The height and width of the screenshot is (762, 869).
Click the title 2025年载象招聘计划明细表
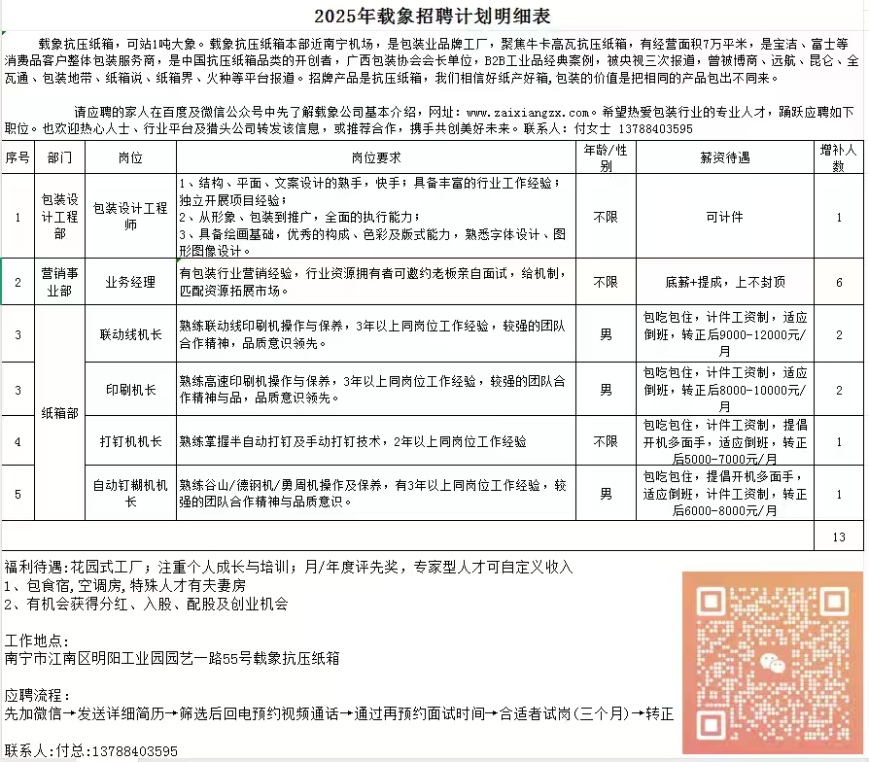coord(433,17)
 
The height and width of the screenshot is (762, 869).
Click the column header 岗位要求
coord(377,156)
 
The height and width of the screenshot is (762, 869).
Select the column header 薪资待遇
coord(724,156)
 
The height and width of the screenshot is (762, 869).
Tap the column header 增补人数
coord(839,157)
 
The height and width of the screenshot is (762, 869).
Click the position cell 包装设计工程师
coord(130,216)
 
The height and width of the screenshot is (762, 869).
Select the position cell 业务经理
coord(130,283)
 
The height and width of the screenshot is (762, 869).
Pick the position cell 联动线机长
coord(130,334)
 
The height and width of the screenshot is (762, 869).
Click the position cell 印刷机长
coord(130,390)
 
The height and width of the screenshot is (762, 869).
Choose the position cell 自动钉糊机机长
coord(130,493)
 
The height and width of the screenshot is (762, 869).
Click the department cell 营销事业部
coord(58,283)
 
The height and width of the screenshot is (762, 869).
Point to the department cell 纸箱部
coord(58,413)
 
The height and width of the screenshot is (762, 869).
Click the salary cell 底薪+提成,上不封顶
coord(725,283)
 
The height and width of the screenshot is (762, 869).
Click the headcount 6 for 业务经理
coord(839,283)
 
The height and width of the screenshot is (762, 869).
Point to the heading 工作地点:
coord(37,641)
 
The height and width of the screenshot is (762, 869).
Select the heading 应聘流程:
coord(37,696)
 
